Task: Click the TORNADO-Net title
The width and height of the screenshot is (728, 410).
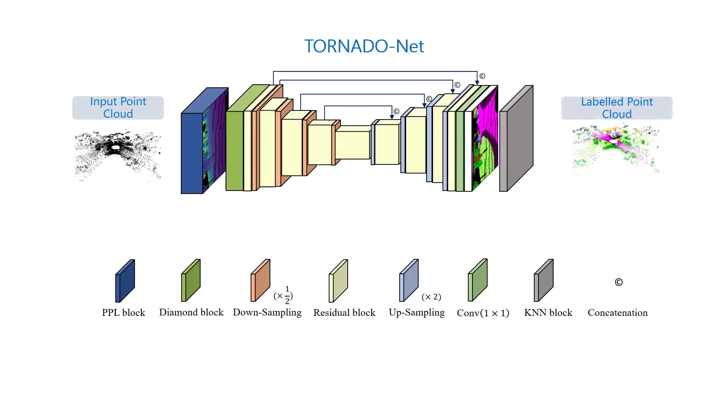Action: pyautogui.click(x=364, y=46)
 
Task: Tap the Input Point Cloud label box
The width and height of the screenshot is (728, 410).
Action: pyautogui.click(x=118, y=108)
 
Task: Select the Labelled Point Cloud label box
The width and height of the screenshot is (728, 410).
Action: pyautogui.click(x=617, y=108)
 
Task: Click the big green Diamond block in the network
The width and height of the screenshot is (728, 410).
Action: pyautogui.click(x=234, y=150)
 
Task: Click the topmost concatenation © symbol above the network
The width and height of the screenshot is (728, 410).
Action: pyautogui.click(x=482, y=76)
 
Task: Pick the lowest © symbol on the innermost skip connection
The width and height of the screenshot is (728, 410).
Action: pyautogui.click(x=396, y=112)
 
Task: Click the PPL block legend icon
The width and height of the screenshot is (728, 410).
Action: pyautogui.click(x=125, y=281)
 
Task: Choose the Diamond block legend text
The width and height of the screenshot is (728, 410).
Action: pyautogui.click(x=191, y=312)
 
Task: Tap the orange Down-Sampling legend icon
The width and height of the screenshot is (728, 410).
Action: pyautogui.click(x=260, y=281)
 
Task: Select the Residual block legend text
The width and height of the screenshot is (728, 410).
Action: pyautogui.click(x=344, y=313)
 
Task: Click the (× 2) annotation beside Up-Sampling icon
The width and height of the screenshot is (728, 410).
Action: pyautogui.click(x=431, y=297)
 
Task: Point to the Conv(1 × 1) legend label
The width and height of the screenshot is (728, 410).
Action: pyautogui.click(x=483, y=313)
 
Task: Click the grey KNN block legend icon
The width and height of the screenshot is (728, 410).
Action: pyautogui.click(x=543, y=281)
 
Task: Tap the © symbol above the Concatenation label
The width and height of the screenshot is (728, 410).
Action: pyautogui.click(x=618, y=282)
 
